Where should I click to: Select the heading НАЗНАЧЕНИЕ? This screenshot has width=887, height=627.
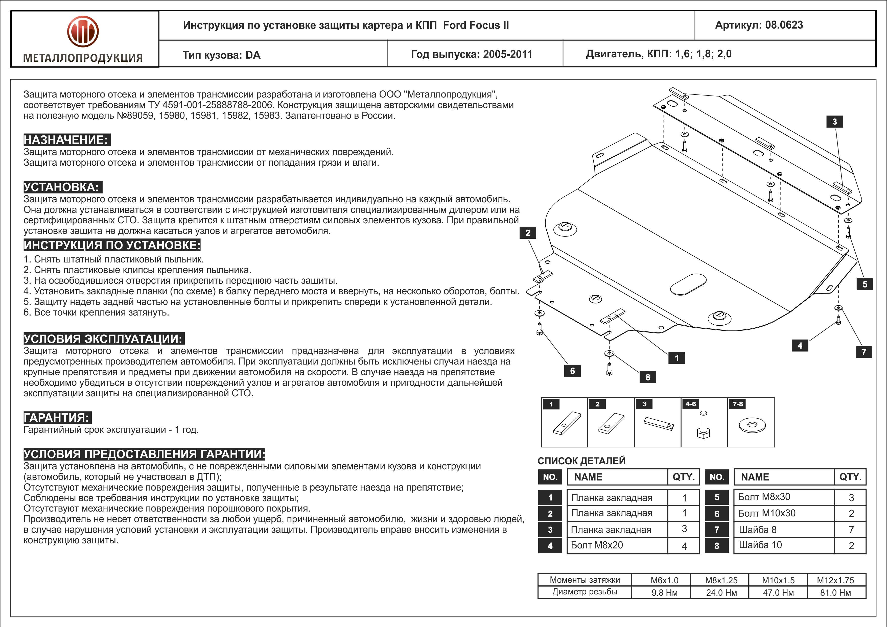pos(66,140)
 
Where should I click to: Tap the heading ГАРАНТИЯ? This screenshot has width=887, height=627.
pos(57,417)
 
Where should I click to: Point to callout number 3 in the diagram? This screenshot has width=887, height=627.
pos(834,122)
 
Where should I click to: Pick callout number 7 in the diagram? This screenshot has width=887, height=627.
pos(864,352)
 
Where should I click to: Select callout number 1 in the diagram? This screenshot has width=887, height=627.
pos(676,358)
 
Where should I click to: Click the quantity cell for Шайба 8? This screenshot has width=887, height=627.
pos(851,530)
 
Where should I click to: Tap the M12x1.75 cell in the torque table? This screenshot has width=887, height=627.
pos(835,580)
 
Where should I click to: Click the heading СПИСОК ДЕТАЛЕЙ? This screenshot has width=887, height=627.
pos(581,461)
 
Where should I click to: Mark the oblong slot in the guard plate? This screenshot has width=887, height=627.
pos(688,284)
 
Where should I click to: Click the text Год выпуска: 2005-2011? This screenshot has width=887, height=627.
pos(471,54)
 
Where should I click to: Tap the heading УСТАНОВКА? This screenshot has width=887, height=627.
pos(62,187)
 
